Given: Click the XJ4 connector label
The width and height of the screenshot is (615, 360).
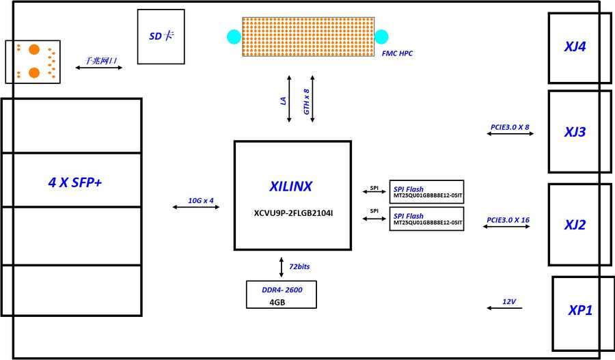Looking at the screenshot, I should (x=575, y=47).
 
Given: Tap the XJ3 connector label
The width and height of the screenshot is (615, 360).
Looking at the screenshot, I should (x=575, y=132).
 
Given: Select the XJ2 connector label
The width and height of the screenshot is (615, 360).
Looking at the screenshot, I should (x=575, y=224).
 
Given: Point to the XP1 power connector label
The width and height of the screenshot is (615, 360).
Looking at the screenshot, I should (x=580, y=310).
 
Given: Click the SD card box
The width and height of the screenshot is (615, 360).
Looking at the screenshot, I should (x=161, y=36).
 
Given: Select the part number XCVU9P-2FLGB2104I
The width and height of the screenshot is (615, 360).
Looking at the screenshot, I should (x=292, y=213).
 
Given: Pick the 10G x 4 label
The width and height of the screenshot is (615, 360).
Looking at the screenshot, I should (x=201, y=201).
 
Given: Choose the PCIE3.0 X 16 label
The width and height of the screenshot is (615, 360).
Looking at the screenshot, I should (x=508, y=220).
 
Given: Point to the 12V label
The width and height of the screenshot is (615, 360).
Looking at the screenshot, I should (x=509, y=301).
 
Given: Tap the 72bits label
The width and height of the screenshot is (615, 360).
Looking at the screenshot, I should (x=300, y=266).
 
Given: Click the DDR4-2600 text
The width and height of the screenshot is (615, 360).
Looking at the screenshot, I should (x=282, y=290).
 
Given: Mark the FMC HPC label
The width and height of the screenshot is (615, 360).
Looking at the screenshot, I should (x=397, y=53).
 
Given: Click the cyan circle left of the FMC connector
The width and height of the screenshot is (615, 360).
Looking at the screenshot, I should (x=234, y=36).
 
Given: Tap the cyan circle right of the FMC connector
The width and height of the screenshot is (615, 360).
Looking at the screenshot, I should (x=381, y=36).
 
